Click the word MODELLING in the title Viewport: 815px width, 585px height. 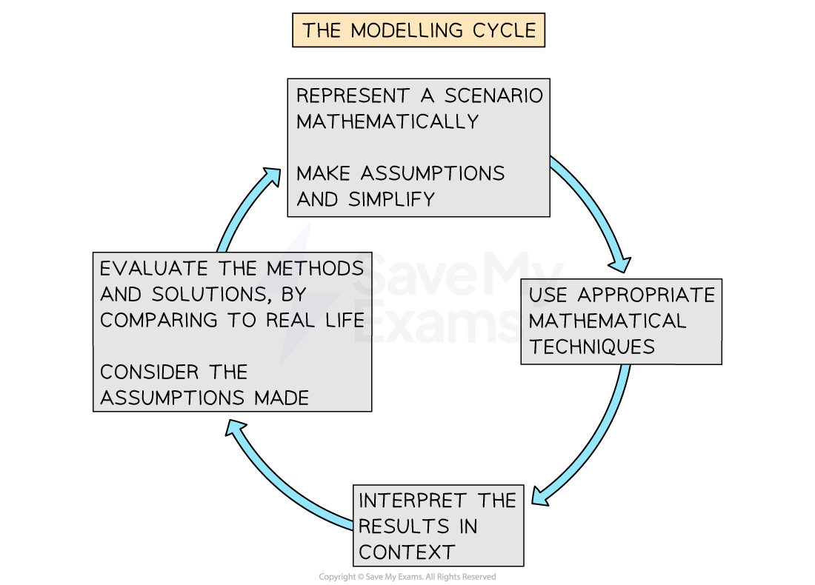click(x=405, y=30)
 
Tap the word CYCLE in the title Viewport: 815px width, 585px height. click(x=503, y=30)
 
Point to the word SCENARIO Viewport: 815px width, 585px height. click(x=493, y=96)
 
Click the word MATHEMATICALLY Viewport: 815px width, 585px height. click(x=387, y=121)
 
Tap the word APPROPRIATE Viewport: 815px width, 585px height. click(x=647, y=295)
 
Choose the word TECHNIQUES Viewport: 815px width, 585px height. click(x=592, y=347)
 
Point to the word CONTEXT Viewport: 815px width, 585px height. click(x=407, y=552)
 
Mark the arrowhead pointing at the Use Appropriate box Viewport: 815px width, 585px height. click(x=619, y=263)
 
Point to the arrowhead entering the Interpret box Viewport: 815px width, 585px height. click(x=539, y=495)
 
